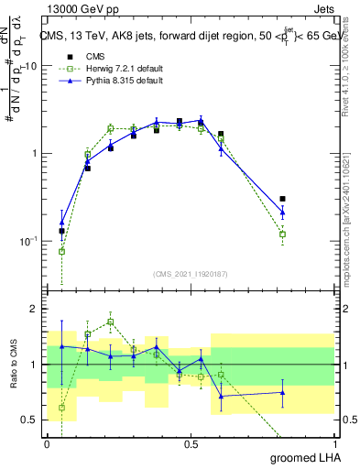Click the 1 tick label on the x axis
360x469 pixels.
[333, 443]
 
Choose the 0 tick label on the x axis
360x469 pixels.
[47, 443]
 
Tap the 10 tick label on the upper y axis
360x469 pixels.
[30, 66]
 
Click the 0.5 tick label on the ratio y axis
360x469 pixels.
[30, 420]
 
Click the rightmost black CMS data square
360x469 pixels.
[282, 199]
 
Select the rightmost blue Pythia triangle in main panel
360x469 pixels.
[282, 213]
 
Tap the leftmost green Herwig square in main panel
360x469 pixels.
[61, 251]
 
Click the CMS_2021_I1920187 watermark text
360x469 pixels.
[191, 274]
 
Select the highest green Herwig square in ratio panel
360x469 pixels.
[111, 322]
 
